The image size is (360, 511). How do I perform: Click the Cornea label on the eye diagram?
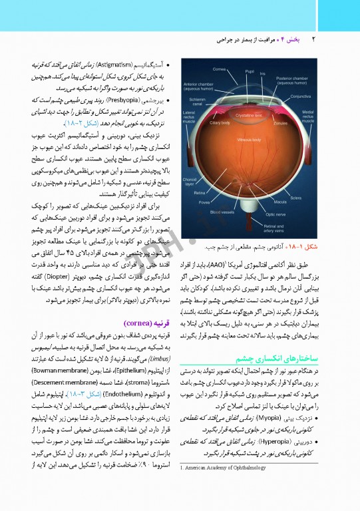pos(219,69)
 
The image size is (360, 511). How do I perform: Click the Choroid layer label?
pos(192,181)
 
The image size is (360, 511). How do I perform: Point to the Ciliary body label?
pos(220,123)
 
